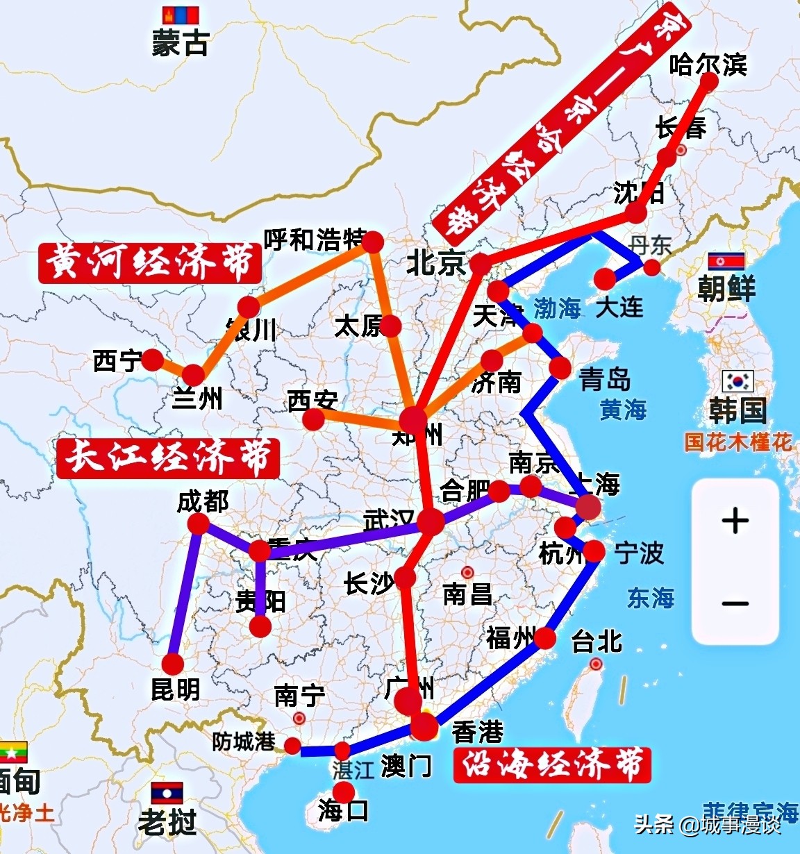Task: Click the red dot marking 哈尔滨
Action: pos(709,81)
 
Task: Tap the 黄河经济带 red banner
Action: pos(150,262)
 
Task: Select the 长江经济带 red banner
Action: pos(169,458)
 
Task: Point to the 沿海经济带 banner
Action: pos(552,764)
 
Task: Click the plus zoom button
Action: pos(735,521)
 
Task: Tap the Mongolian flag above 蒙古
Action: pos(181,16)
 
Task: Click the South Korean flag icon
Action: pos(737,381)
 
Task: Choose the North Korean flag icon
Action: pos(726,262)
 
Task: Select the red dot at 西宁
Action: pos(152,360)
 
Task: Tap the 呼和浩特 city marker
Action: pos(373,242)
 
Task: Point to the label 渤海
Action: pos(557,308)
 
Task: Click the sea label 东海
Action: pos(651,598)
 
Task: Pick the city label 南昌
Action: pos(467,594)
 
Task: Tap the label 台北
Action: pos(597,642)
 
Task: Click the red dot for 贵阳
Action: pos(260,626)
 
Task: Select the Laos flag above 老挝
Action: pos(167,793)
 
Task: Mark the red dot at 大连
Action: pos(606,279)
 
